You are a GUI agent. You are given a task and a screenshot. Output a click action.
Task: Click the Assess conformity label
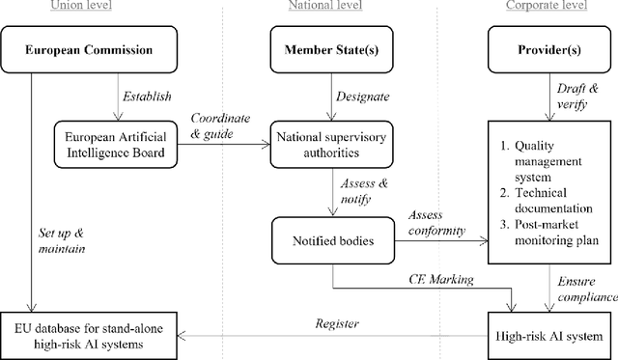pos(436,223)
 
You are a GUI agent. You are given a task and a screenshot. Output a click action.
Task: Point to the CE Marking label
pos(438,279)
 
